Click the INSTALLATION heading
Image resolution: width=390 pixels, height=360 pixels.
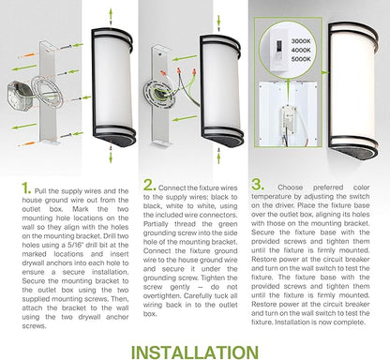click(x=195, y=352)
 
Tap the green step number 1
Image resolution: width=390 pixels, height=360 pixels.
click(x=26, y=188)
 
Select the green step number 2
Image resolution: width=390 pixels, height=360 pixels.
click(x=150, y=185)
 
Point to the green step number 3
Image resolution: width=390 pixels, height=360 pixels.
click(x=258, y=185)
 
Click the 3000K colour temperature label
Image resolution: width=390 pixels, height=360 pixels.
click(x=301, y=41)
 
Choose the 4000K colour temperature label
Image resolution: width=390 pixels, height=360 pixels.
click(x=301, y=50)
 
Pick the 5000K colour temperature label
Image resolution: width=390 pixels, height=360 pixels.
click(x=301, y=59)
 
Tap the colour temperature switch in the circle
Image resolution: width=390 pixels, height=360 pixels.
click(x=276, y=51)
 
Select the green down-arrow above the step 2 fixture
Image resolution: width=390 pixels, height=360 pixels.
click(x=218, y=22)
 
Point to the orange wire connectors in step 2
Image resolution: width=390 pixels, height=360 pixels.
click(x=179, y=71)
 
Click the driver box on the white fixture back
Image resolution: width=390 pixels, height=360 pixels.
click(x=289, y=118)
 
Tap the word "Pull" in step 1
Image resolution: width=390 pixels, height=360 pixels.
click(x=41, y=191)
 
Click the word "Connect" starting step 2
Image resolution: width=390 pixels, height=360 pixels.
click(x=172, y=187)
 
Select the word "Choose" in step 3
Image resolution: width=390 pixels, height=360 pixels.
click(x=291, y=187)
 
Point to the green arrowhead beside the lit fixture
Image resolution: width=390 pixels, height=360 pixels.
click(x=325, y=72)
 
